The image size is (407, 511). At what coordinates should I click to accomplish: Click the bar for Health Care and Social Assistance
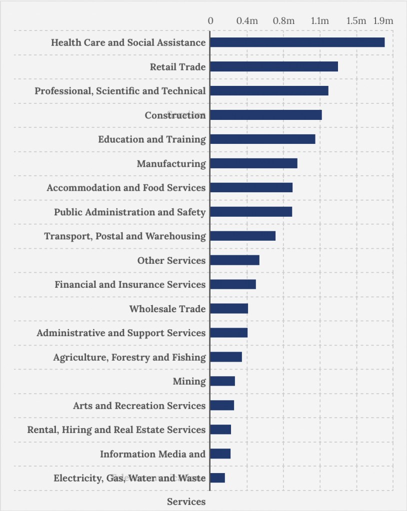[297, 42]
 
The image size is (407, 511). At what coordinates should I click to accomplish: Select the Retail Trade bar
[274, 66]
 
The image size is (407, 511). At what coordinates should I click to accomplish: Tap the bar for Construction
[265, 115]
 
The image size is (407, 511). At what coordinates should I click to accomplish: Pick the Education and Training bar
[262, 139]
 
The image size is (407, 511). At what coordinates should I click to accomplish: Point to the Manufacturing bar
[253, 163]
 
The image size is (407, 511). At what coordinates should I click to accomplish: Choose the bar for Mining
[222, 381]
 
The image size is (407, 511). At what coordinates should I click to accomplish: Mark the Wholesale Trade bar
[229, 309]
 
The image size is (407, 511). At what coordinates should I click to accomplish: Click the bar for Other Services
[234, 260]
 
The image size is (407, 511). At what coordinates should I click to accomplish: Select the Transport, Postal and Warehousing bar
[242, 236]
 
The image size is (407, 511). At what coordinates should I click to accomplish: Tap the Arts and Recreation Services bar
[222, 406]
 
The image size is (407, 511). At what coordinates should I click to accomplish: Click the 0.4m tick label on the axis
[247, 21]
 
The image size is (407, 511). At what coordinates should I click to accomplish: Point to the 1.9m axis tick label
[383, 21]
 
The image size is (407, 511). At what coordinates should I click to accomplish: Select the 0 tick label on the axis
[210, 21]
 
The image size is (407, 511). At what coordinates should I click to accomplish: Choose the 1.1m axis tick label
[320, 21]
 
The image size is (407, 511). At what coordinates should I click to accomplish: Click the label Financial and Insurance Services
[130, 285]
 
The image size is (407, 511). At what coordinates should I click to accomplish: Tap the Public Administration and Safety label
[130, 212]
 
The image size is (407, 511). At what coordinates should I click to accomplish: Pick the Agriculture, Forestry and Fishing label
[129, 357]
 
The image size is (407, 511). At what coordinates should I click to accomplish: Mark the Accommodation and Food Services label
[126, 188]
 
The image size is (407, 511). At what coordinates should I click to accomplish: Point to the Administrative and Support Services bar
[228, 333]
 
